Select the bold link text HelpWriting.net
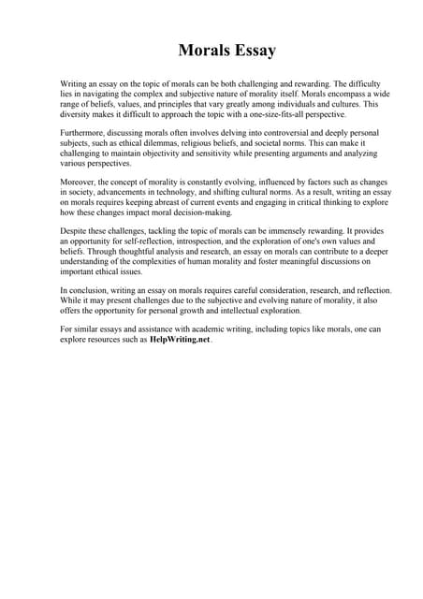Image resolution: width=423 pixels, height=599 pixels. tap(180, 340)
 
